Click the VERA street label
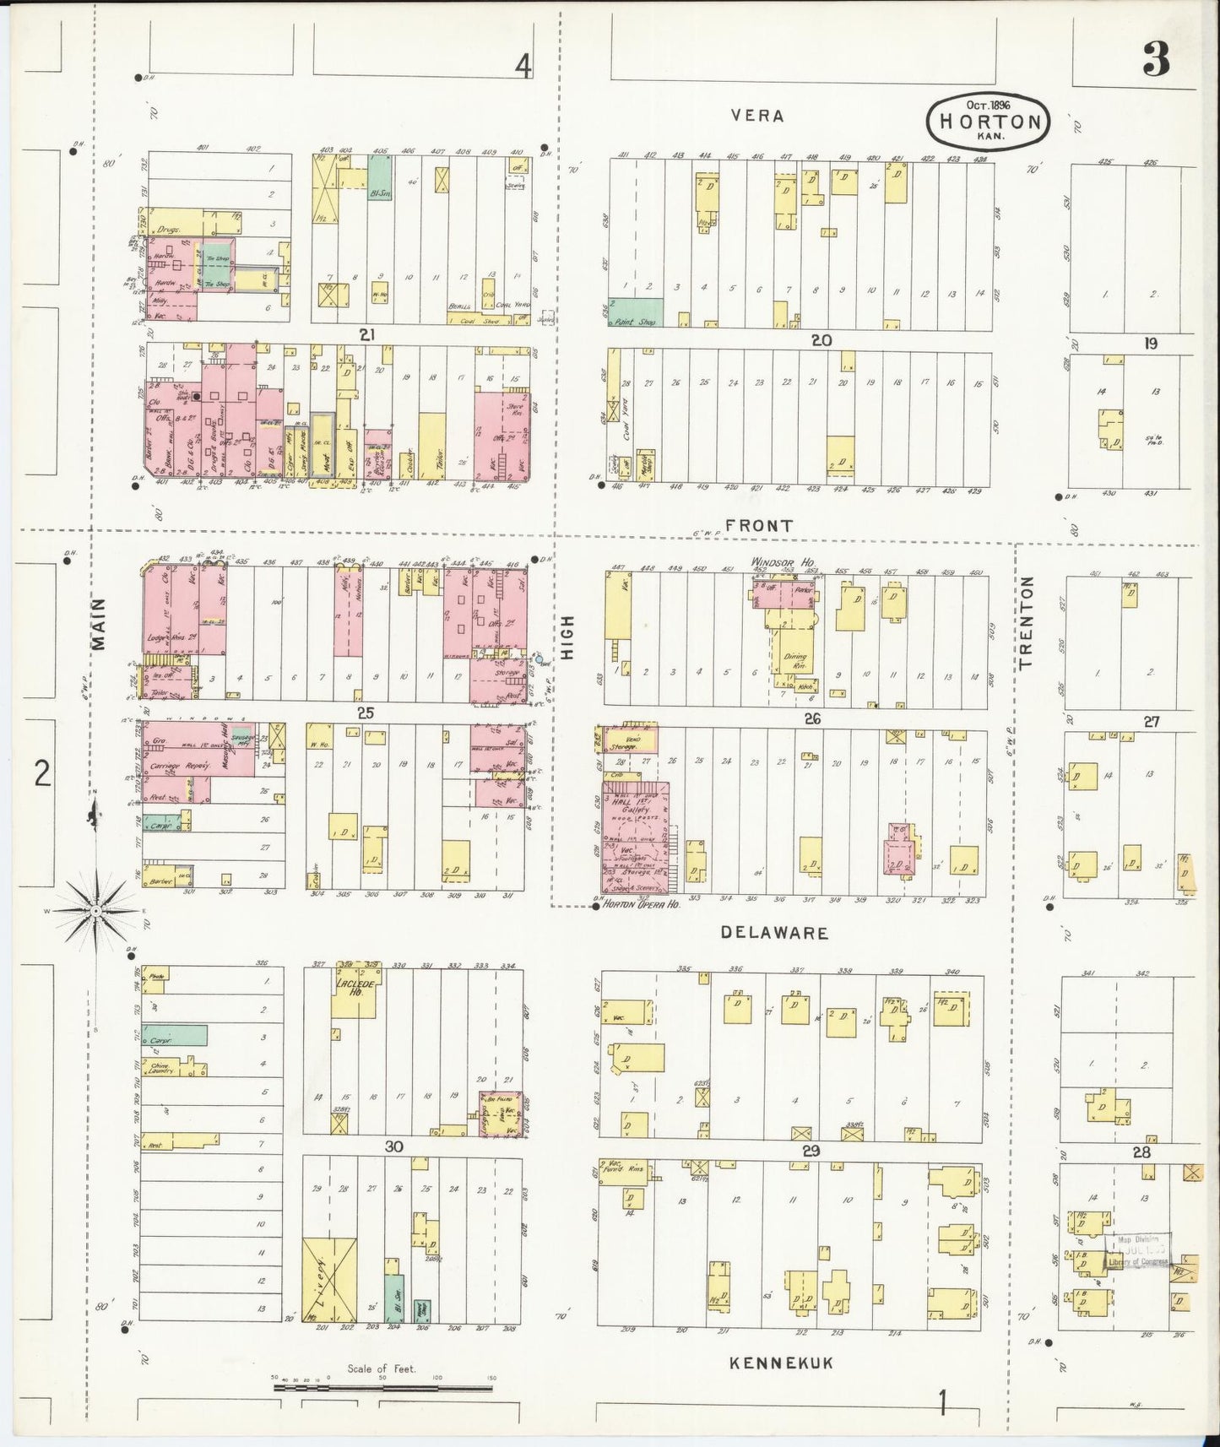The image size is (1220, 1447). pos(757,116)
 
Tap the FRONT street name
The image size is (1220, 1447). pos(760,525)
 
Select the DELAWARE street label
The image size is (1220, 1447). pos(774,933)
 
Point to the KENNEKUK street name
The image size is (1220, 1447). pos(781,1363)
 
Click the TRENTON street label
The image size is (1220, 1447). pos(1026,623)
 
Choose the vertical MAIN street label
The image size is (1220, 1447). pos(100,624)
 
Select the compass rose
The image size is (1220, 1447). pos(95,912)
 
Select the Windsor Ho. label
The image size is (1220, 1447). pos(778,561)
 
